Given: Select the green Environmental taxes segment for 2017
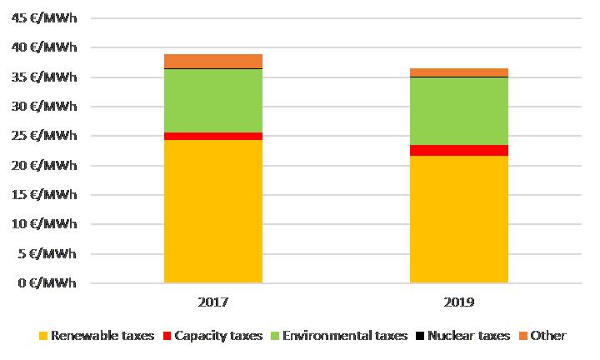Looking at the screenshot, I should pos(212,100).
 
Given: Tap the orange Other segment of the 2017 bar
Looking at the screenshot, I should pos(212,61).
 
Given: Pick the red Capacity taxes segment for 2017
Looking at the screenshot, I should pos(212,136).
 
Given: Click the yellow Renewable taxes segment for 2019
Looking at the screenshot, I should pos(458,219).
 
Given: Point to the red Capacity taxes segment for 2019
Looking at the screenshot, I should pos(458,150).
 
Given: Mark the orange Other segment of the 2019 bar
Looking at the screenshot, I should pos(458,72).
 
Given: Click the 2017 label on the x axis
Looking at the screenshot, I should pos(212,302).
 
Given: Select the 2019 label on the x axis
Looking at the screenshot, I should pos(458,302).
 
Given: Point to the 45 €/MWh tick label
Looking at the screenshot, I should pos(47,18).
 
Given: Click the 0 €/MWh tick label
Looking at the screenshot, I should pos(49,283).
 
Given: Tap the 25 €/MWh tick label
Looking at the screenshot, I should pos(47,136).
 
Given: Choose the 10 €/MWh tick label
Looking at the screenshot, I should pos(47,224).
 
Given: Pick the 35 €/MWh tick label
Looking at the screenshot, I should pos(47,77).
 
